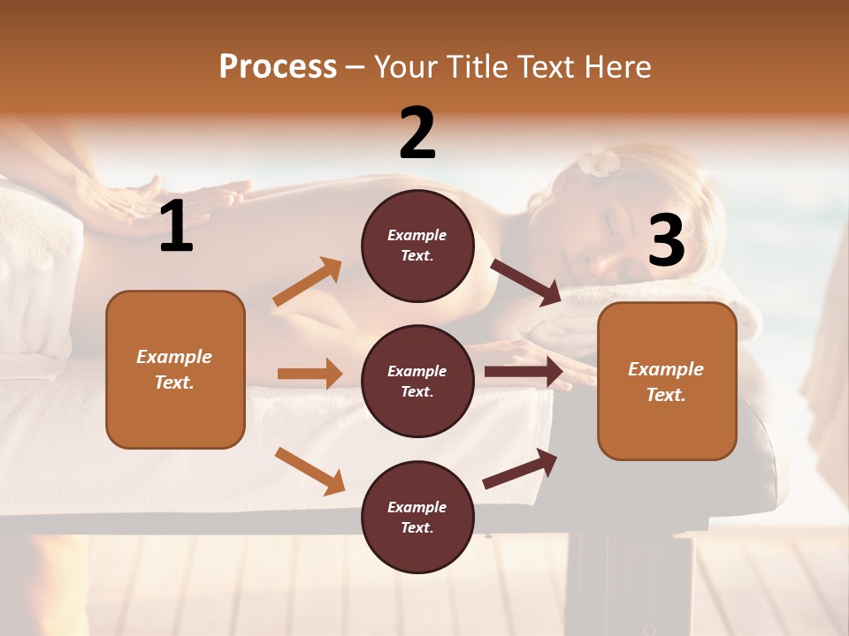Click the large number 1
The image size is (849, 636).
[176, 227]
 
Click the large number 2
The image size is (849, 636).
[417, 133]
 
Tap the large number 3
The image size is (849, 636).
[666, 240]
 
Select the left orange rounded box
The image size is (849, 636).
[175, 369]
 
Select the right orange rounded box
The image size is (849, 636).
[667, 381]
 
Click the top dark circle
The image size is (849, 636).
[417, 246]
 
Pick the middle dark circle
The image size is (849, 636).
[417, 381]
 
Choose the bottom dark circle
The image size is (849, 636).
[417, 517]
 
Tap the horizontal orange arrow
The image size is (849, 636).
[310, 374]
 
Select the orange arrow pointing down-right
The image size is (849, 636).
[310, 470]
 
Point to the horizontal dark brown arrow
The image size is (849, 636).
[524, 372]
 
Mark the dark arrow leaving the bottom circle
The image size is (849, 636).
[521, 468]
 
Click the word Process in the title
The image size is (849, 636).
[278, 66]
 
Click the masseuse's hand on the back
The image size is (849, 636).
[133, 203]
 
